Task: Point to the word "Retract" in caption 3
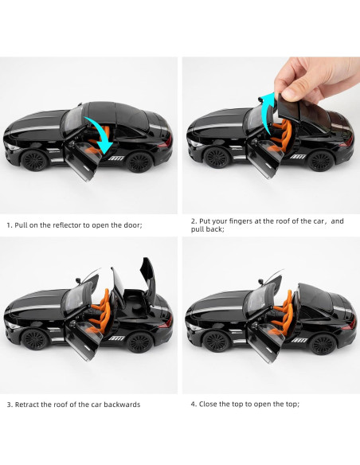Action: coord(27,404)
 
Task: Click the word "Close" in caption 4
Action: coord(208,404)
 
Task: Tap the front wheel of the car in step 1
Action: coord(35,160)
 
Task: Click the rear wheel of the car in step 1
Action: coord(139,162)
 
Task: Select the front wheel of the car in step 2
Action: coord(217,158)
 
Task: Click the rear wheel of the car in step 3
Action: coord(140,342)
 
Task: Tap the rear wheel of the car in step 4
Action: coord(323,344)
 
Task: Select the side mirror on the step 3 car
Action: coord(78,280)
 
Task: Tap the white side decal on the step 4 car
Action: coord(299,339)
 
